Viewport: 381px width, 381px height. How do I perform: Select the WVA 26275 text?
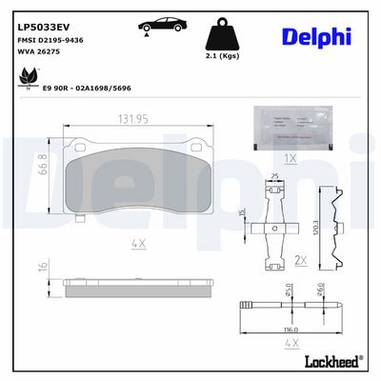[x=37, y=52]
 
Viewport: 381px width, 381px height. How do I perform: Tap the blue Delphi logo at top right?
[x=315, y=36]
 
